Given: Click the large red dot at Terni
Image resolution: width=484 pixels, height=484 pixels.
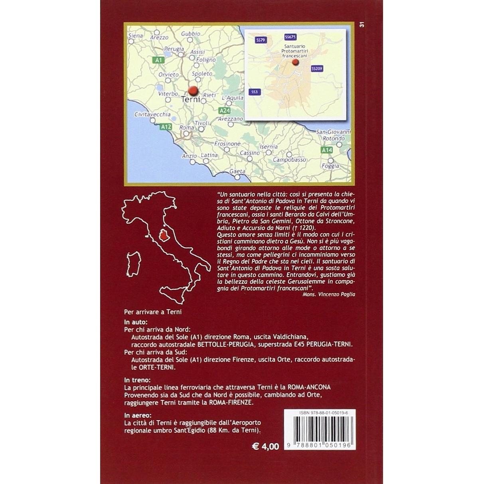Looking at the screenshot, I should tap(193, 91).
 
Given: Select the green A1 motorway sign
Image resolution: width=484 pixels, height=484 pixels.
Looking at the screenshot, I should tap(158, 60).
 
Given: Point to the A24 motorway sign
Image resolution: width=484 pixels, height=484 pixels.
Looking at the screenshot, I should tap(224, 111).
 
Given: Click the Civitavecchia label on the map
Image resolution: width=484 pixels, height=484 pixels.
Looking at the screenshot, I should tap(147, 114).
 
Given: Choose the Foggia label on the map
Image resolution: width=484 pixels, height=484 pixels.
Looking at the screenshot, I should tap(330, 166).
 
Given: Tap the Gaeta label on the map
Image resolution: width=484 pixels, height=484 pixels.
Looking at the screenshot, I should tap(237, 171).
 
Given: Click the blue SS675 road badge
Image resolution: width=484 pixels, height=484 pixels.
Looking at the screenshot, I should tap(290, 37).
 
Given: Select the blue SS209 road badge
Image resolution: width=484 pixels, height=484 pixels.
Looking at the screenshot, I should tap(317, 69).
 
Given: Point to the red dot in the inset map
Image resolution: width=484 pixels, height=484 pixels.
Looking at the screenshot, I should tap(295, 62).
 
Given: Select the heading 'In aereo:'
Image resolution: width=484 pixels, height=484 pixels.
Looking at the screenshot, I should tap(136, 417).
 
